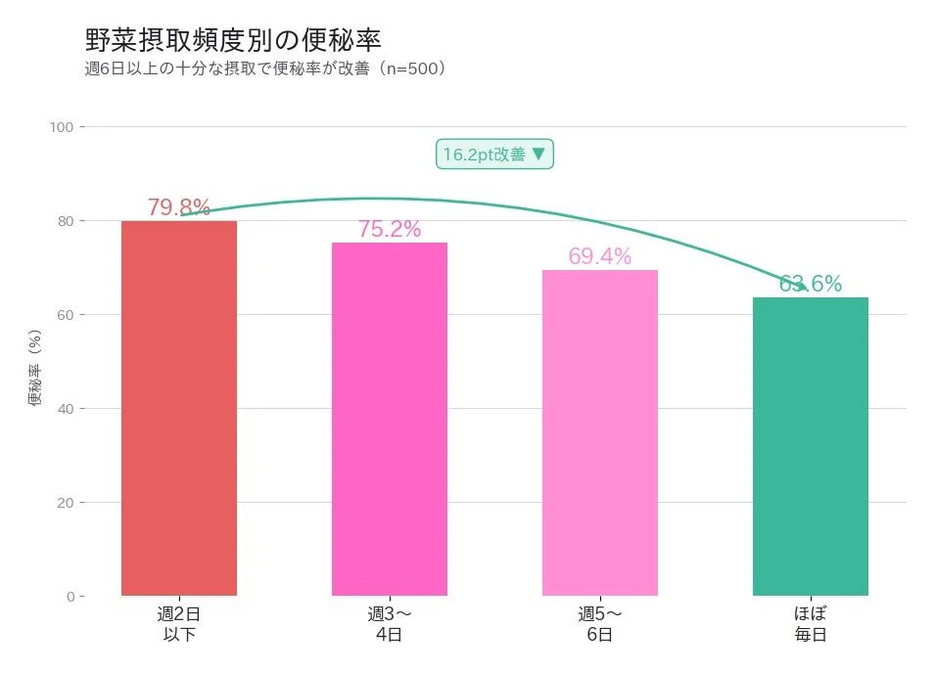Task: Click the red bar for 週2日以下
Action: click(x=179, y=408)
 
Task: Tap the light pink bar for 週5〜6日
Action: click(x=600, y=432)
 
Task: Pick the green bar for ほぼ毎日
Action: click(x=811, y=446)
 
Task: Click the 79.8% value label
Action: click(x=179, y=207)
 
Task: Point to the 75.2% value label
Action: click(x=390, y=229)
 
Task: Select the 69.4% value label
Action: click(x=600, y=256)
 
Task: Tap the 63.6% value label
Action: click(x=811, y=284)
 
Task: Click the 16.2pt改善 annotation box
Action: click(x=495, y=155)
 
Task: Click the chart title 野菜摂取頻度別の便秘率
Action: click(x=233, y=40)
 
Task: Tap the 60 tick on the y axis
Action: click(x=67, y=315)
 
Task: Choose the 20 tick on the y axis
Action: click(x=67, y=503)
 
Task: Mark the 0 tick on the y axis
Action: click(x=70, y=597)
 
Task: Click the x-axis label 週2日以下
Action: click(x=179, y=624)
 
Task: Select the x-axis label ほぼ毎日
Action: click(x=811, y=624)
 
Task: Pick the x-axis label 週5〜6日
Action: click(x=600, y=624)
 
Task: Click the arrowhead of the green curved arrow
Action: click(x=804, y=288)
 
